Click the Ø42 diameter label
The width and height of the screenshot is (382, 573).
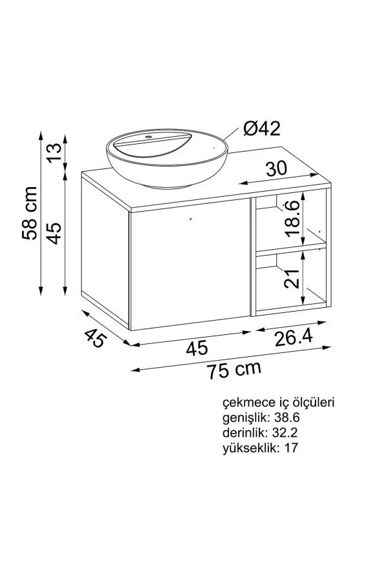[x=262, y=129]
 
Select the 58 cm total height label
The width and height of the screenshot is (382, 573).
[x=30, y=213]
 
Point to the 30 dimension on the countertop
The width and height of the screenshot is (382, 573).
[x=276, y=169]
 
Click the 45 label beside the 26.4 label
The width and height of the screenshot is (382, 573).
[x=197, y=348]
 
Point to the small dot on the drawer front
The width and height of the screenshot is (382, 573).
[x=190, y=219]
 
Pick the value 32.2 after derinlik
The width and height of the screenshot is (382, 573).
[x=284, y=432]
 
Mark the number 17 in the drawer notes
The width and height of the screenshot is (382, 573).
[x=291, y=447]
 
